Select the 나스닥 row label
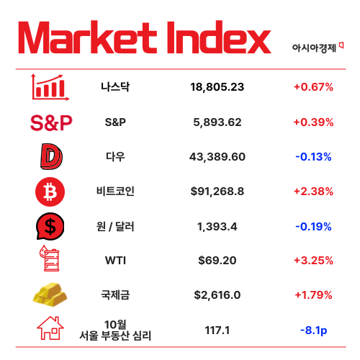click(x=115, y=87)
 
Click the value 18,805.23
click(x=217, y=87)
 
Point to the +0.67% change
click(x=313, y=87)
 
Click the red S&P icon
click(x=51, y=122)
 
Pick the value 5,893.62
click(x=217, y=122)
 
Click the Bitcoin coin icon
click(x=50, y=192)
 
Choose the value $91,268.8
click(x=217, y=192)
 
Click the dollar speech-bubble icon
click(x=50, y=227)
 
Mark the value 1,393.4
click(x=217, y=227)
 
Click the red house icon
click(x=50, y=330)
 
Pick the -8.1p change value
click(x=313, y=330)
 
